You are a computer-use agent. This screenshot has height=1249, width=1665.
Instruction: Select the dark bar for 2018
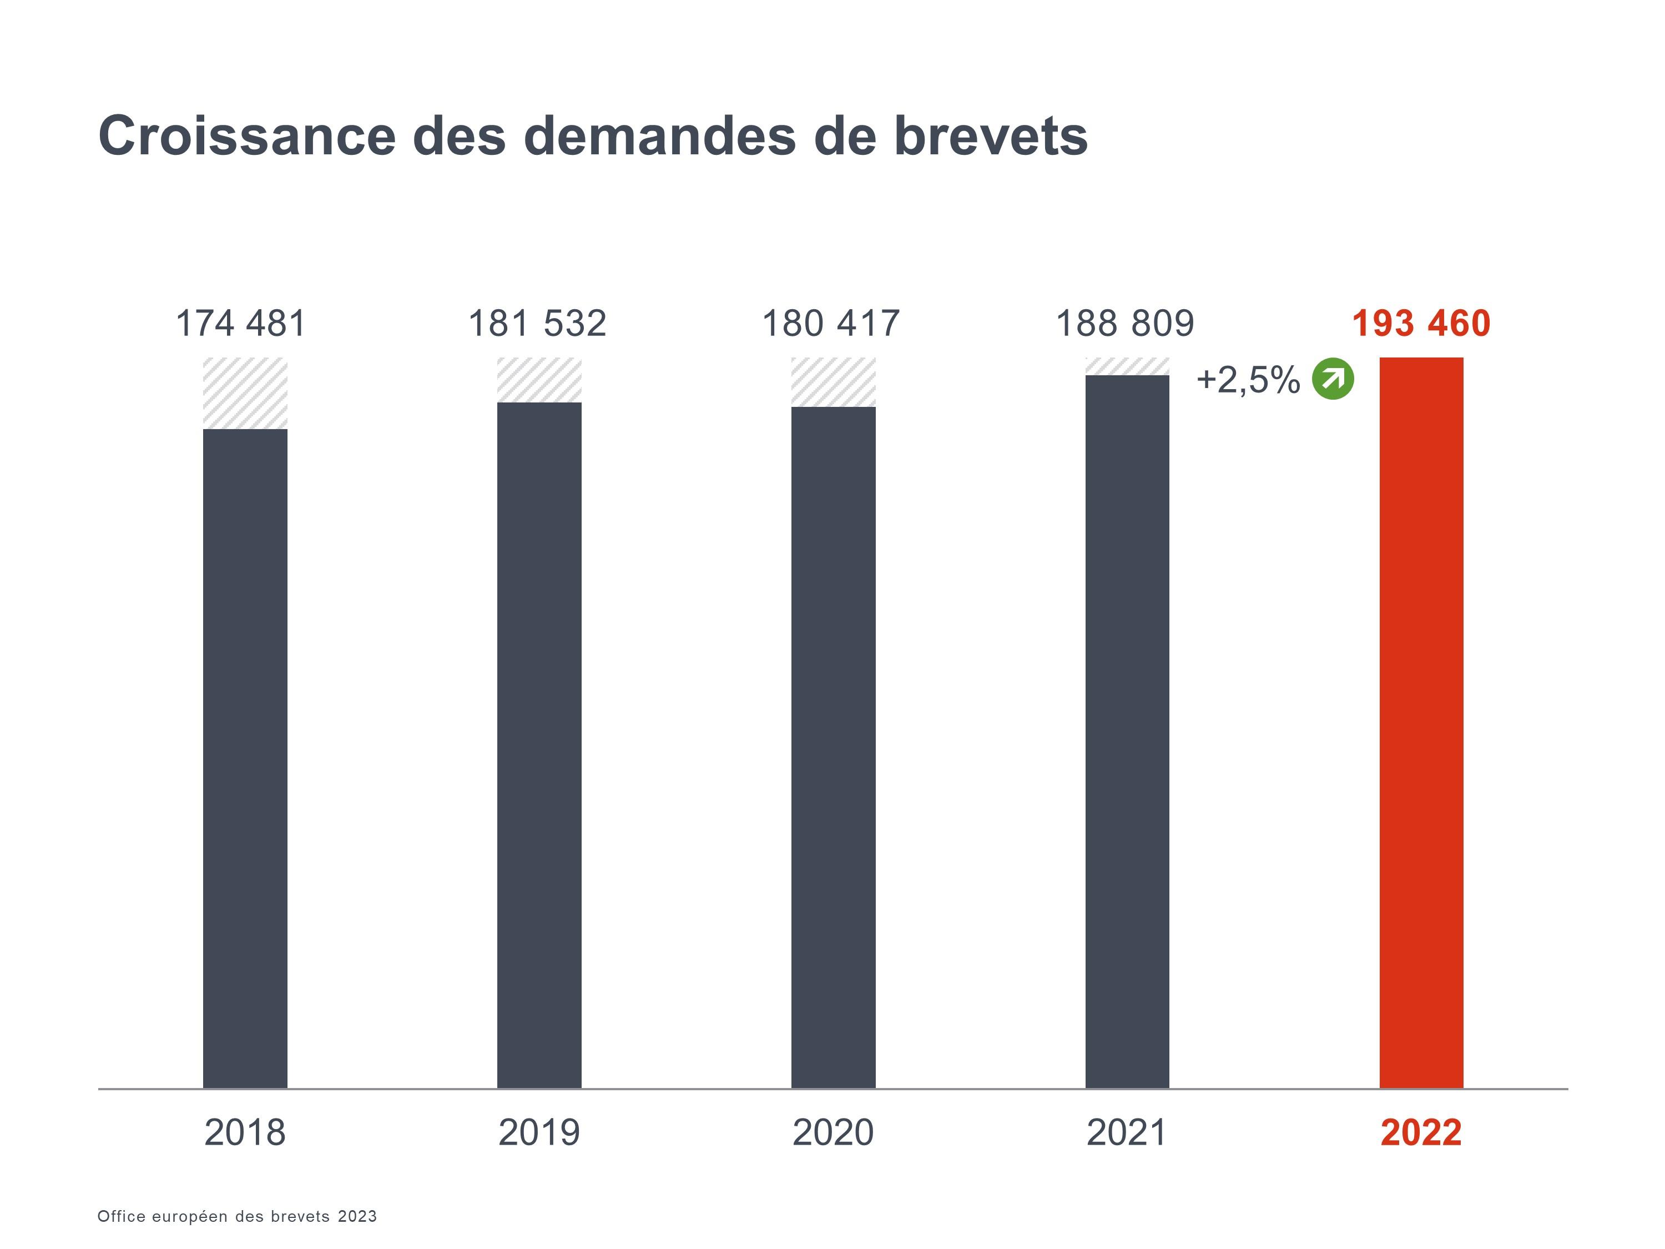coord(245,758)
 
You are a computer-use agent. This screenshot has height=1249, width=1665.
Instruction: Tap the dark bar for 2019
coord(539,746)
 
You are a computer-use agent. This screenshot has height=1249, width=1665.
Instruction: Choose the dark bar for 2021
coord(1127,731)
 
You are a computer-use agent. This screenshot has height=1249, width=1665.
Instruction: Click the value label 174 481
coord(241,324)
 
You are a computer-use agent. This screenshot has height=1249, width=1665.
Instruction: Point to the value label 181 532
coord(537,324)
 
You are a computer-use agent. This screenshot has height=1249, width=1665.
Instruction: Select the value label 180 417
coord(831,324)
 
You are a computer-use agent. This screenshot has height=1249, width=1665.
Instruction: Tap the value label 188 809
coord(1124,324)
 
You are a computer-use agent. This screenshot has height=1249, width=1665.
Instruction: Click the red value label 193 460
coord(1421,324)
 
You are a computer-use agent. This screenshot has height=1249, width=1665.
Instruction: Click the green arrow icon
coord(1333,379)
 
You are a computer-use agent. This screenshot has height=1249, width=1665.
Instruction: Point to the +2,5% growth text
coord(1248,380)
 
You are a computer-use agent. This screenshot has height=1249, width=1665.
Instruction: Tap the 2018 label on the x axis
coord(245,1132)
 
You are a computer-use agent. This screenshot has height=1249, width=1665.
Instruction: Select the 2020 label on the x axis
coord(833,1132)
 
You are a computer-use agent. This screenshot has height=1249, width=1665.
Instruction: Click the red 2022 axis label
coord(1421,1132)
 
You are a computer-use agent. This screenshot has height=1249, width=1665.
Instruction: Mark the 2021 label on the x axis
coord(1127,1132)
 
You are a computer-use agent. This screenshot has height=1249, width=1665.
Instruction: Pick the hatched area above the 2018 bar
coord(245,393)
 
